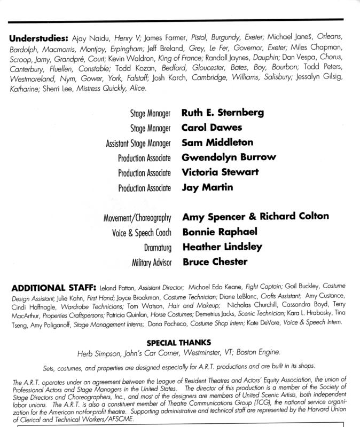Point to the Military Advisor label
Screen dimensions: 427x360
(x=150, y=262)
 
